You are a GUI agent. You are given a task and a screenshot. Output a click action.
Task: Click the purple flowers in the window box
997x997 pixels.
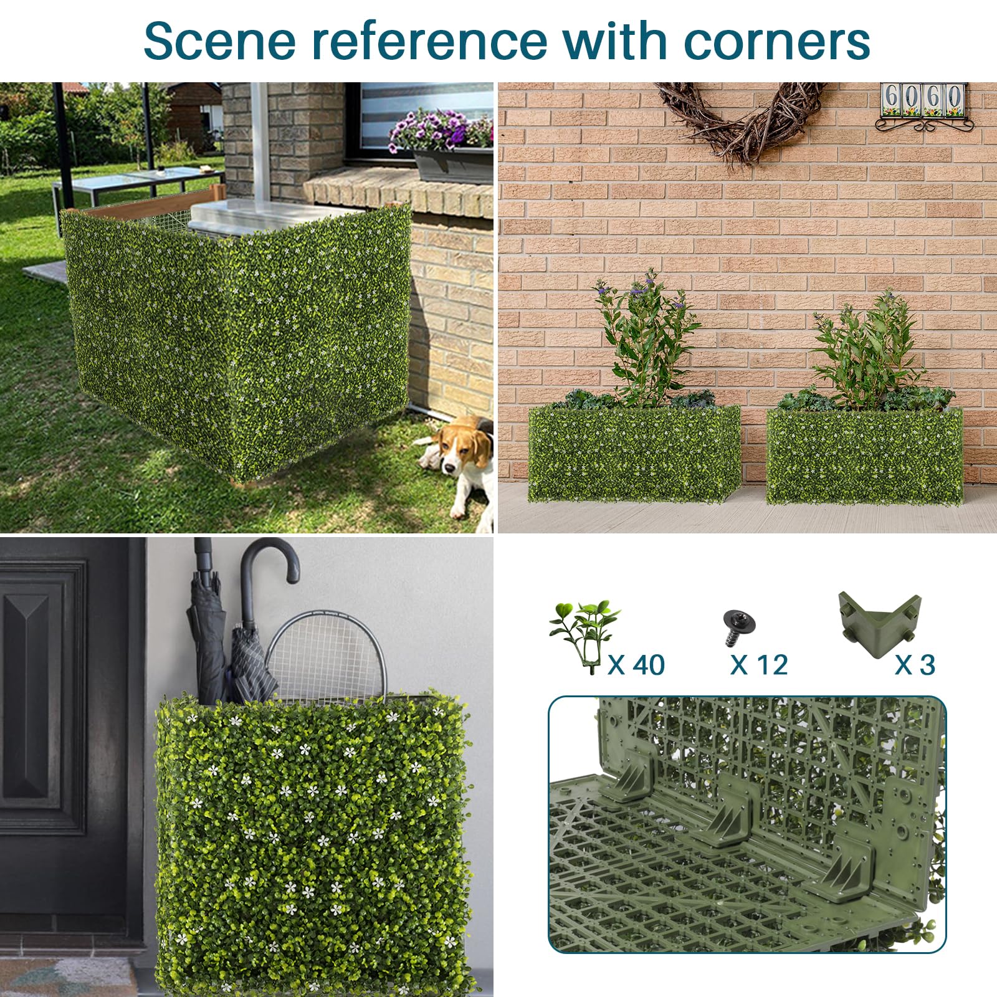pos(439,131)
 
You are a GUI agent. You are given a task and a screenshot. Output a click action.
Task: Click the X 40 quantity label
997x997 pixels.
pos(636,665)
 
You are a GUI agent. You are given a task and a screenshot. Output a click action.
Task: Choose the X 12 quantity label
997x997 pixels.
pos(759,665)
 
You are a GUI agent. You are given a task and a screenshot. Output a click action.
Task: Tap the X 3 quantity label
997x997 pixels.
pos(915,665)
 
